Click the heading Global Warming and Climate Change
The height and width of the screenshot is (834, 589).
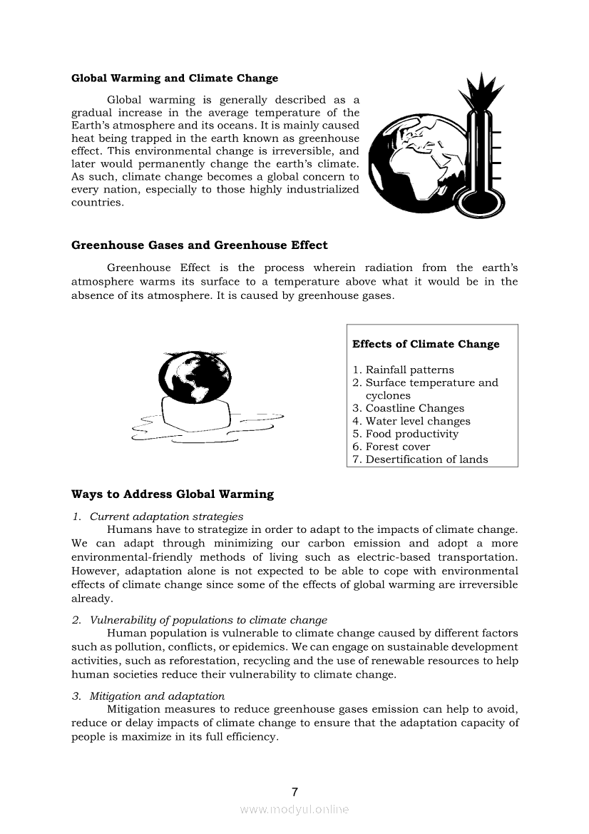[175, 78]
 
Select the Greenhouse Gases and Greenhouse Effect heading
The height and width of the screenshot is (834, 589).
[200, 245]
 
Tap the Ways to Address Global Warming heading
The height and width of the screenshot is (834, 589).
[173, 494]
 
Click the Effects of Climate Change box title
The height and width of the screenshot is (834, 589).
[426, 345]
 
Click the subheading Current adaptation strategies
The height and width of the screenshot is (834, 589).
[166, 517]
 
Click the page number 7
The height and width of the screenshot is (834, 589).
[294, 792]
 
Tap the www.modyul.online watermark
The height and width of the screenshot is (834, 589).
[294, 810]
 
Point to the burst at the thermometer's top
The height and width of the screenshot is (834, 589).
[476, 92]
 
